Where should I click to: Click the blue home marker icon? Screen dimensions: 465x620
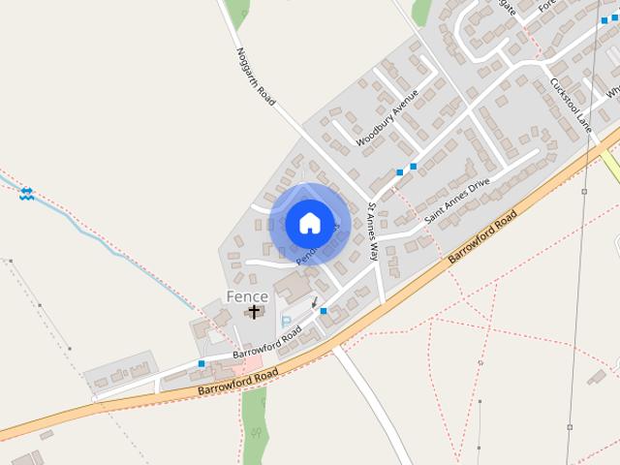[x=309, y=223]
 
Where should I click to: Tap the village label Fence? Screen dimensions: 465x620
[x=247, y=295]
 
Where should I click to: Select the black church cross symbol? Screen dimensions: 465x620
[x=255, y=311]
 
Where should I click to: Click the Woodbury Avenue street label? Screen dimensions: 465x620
[x=387, y=118]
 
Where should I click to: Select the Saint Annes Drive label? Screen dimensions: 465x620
[x=458, y=201]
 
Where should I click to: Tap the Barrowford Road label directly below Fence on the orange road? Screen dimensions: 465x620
[x=238, y=381]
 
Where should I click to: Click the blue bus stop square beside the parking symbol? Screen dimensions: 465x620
[x=324, y=311]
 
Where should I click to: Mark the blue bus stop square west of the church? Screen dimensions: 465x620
[x=201, y=363]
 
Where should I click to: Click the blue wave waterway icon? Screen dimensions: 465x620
[x=26, y=193]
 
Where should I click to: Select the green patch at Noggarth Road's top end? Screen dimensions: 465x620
[x=236, y=13]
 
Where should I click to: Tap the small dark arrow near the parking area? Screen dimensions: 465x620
[x=314, y=302]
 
